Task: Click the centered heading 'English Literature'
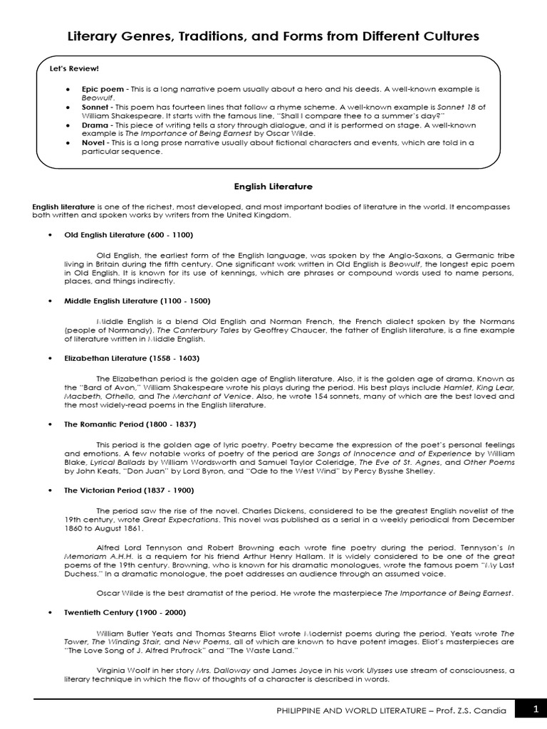[273, 187]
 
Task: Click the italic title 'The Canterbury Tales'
[174, 331]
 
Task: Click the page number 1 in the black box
[536, 708]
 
